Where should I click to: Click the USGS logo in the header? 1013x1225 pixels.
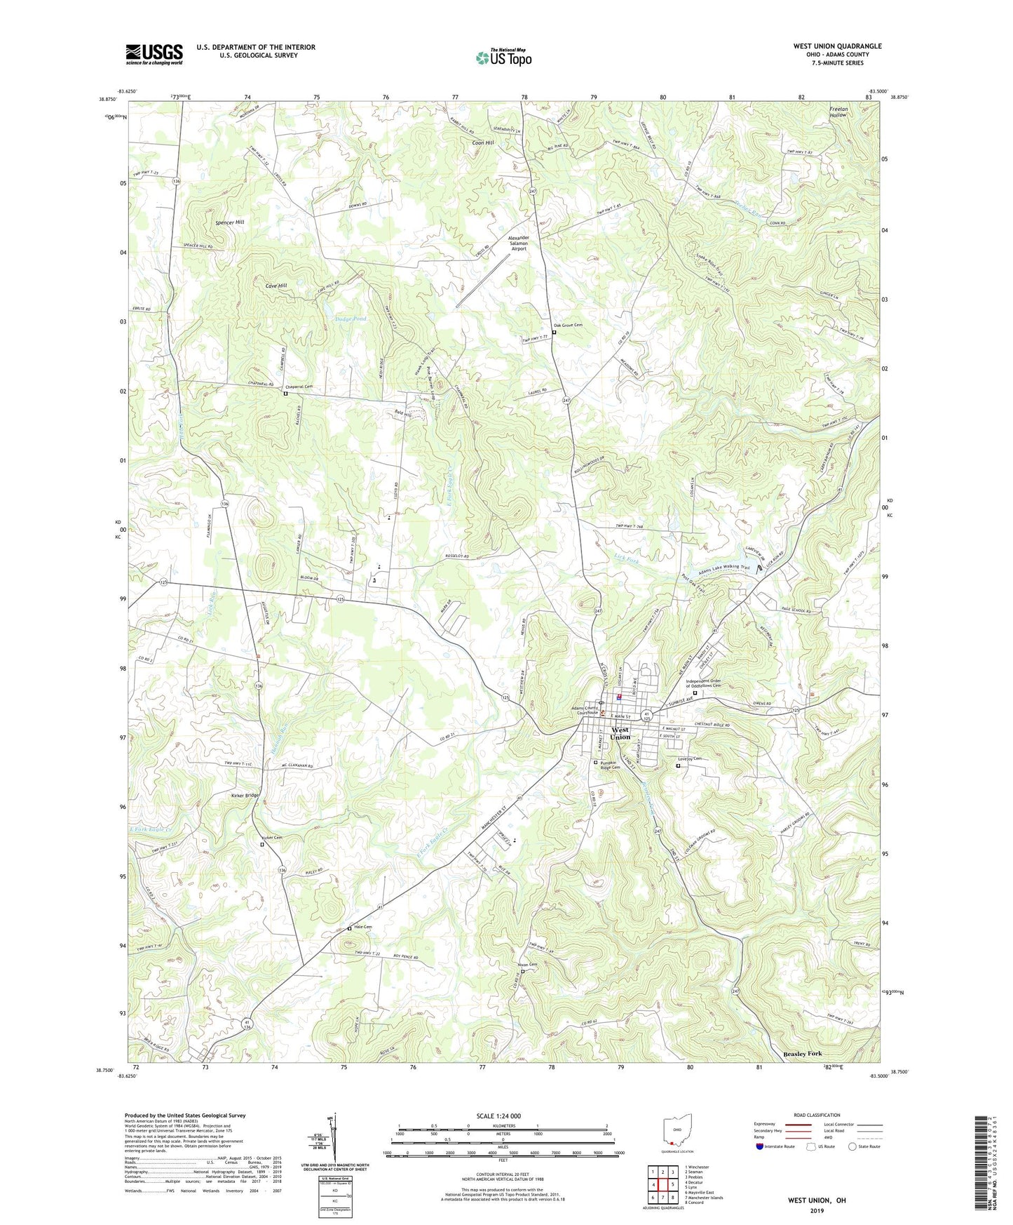click(154, 53)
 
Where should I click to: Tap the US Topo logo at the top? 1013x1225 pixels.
click(503, 58)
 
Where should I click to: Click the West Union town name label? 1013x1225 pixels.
click(620, 733)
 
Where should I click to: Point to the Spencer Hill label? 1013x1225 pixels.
click(230, 222)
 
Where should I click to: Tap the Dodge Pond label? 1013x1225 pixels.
click(351, 319)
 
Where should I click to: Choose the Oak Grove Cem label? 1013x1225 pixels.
click(568, 326)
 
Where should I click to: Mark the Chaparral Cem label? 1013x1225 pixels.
click(298, 387)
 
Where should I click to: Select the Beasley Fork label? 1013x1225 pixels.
click(802, 1054)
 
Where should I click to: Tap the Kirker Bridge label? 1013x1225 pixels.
click(245, 795)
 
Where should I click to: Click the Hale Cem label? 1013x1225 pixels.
click(362, 927)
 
